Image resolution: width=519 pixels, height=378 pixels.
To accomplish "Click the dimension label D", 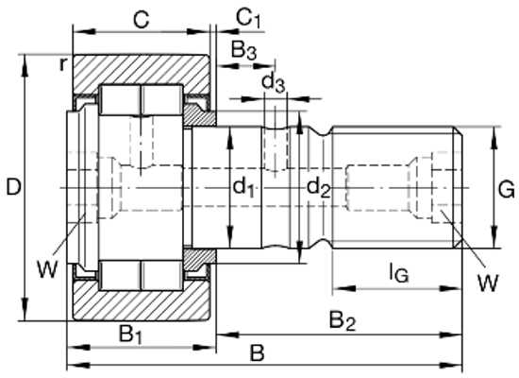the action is pos(13,187).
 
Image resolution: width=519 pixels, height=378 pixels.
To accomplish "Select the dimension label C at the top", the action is pos(141,20).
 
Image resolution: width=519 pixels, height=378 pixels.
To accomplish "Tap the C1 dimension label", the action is pos(248,18).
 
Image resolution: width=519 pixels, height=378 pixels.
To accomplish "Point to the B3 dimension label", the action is pos(243,50).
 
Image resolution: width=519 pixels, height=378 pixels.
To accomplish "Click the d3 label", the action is pos(273,82).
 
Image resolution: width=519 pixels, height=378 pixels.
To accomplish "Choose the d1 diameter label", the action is pos(243,187).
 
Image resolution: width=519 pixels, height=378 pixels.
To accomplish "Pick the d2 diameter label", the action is pos(318,187).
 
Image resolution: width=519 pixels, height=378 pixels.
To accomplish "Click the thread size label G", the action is pos(507,190).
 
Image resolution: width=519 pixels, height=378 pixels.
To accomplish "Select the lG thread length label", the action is pos(398,272).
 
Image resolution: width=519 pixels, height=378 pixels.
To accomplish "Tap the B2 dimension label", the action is pos(343,321).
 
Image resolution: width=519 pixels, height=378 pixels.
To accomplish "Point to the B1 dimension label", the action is pos(131,335).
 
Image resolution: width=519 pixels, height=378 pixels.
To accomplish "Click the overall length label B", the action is pos(257,352).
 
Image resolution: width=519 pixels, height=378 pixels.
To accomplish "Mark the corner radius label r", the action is pos(62,64).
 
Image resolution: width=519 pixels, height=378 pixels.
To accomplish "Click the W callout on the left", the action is pos(47,269).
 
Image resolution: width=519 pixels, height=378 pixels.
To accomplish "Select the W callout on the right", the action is pos(488,283).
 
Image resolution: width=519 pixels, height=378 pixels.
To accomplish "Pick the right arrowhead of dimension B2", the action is pos(450,335).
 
